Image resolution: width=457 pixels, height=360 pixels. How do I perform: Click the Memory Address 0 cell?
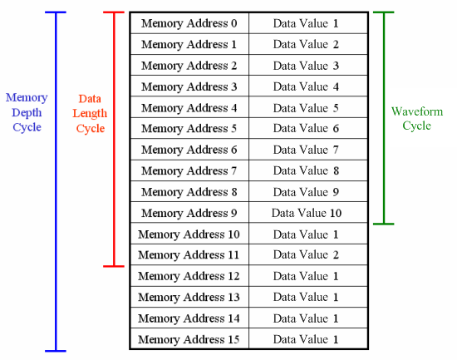click(x=189, y=23)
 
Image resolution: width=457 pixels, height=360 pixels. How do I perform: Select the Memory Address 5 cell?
click(x=189, y=128)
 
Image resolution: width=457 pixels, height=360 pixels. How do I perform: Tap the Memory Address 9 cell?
click(x=189, y=213)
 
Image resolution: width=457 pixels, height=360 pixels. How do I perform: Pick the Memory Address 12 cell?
click(x=189, y=276)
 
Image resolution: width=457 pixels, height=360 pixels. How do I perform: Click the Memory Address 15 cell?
click(x=189, y=339)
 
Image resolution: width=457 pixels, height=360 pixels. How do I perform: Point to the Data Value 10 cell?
click(x=308, y=213)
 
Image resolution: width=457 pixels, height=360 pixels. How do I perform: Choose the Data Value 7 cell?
click(x=308, y=150)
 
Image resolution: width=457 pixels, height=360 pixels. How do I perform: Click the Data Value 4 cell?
click(x=308, y=86)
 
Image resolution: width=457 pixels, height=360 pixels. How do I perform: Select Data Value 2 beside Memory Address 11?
click(x=308, y=254)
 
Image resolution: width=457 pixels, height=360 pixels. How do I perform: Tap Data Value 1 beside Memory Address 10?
click(x=308, y=234)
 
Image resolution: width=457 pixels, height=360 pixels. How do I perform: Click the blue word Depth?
click(x=27, y=113)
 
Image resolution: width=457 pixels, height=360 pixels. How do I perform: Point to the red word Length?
click(x=90, y=114)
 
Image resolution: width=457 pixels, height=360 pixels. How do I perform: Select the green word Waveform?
click(x=417, y=111)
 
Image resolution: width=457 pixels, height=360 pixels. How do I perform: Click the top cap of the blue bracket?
click(x=56, y=12)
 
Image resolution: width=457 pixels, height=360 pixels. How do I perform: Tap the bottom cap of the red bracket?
click(x=114, y=266)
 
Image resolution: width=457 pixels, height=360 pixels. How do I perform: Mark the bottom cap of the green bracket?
click(x=384, y=224)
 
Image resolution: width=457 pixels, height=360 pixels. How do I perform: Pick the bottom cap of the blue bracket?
click(x=56, y=351)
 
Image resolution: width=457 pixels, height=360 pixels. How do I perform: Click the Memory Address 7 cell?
click(x=189, y=170)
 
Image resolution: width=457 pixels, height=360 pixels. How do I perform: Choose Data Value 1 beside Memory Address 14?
click(x=308, y=318)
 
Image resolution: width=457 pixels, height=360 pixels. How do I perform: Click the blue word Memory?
click(x=27, y=98)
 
